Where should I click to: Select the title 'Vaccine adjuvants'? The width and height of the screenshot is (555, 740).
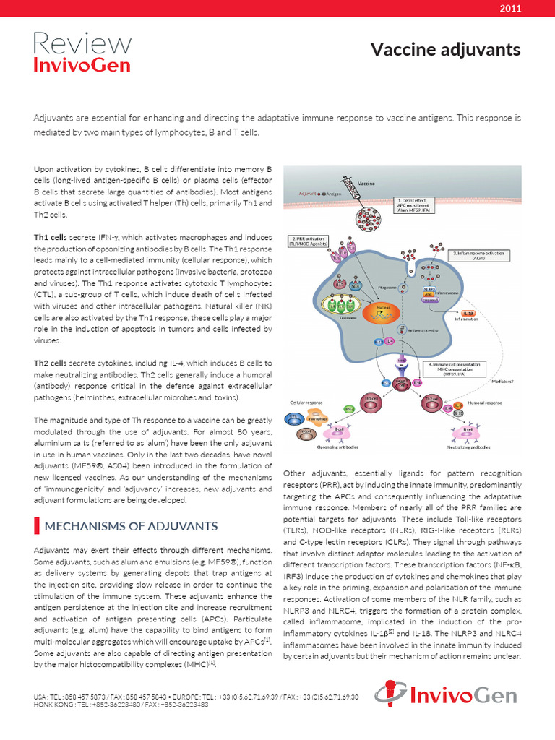445,49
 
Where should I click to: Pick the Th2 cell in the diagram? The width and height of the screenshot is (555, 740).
433,398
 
